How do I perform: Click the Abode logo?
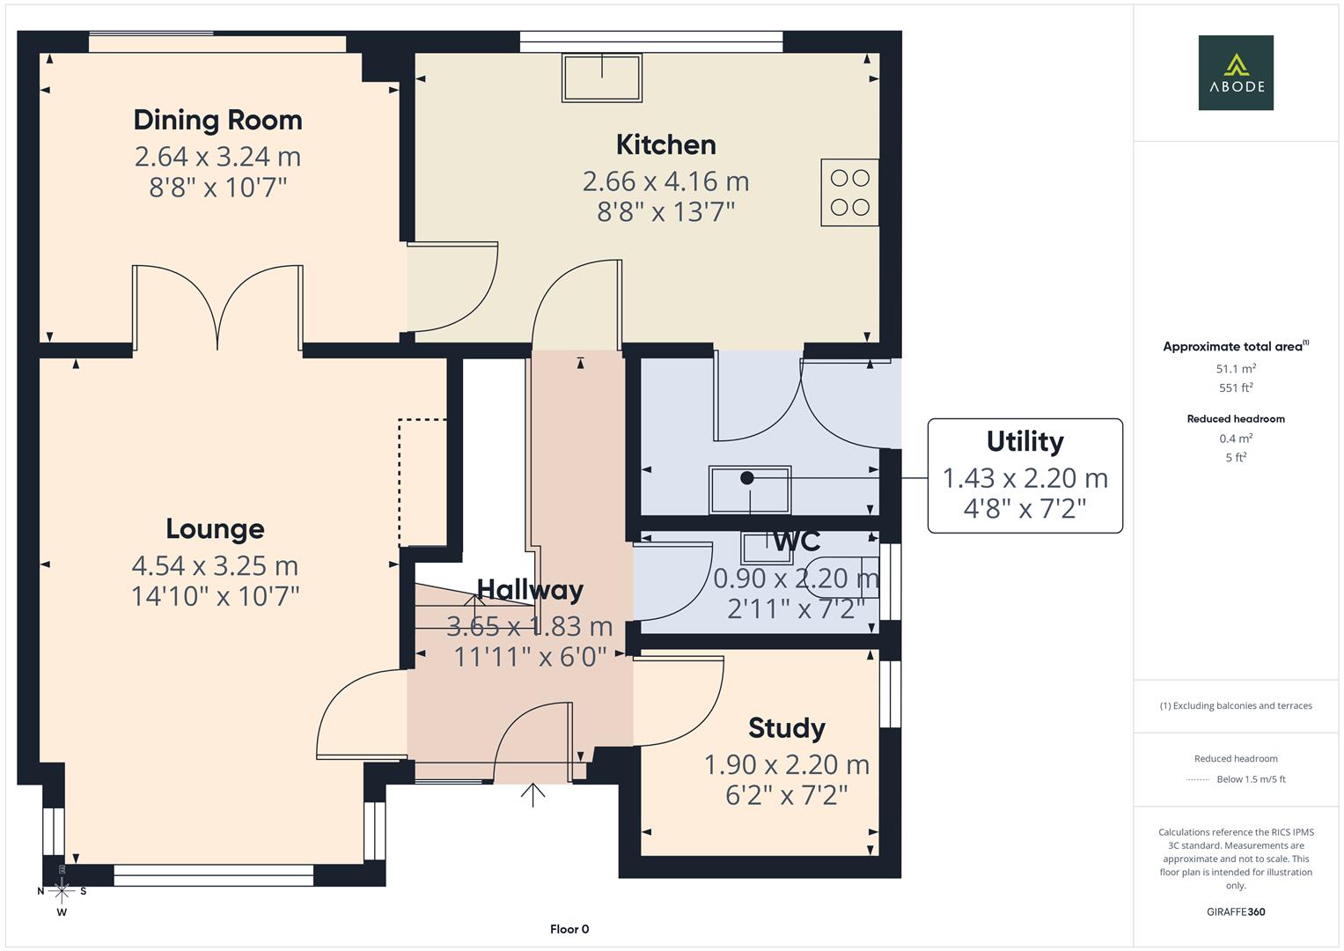(x=1235, y=72)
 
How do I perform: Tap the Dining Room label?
(x=217, y=120)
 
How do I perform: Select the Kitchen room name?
(x=665, y=144)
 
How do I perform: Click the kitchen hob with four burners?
(x=849, y=193)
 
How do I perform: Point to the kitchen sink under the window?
(x=603, y=77)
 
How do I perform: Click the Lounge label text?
(x=215, y=528)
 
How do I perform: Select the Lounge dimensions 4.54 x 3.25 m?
(x=215, y=565)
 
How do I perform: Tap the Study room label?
(x=786, y=728)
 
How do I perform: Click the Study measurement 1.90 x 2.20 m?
(x=786, y=765)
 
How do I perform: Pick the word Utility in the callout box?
(x=1025, y=441)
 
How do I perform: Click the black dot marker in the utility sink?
(x=747, y=478)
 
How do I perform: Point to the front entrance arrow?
(x=532, y=794)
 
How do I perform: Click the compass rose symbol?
(x=62, y=890)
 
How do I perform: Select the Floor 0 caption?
(x=569, y=929)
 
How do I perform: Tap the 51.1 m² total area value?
(x=1235, y=369)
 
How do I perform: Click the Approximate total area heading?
(x=1235, y=347)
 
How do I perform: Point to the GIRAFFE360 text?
(x=1235, y=911)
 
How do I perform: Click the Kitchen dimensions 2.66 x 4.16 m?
(x=665, y=181)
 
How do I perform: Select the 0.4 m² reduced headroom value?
(x=1235, y=439)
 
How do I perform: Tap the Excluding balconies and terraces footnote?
(x=1235, y=705)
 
